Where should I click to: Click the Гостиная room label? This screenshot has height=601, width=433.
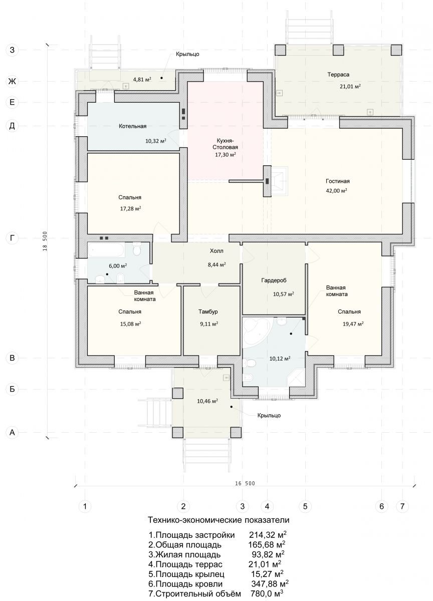(337, 181)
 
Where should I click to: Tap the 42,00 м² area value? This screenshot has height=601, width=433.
(336, 191)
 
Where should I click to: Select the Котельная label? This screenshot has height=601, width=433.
(133, 126)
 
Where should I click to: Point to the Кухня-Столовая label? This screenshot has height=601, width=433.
(225, 144)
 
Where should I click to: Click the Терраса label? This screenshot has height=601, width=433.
(338, 75)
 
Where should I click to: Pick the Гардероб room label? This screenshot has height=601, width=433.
(274, 280)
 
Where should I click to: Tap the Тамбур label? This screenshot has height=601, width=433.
(208, 312)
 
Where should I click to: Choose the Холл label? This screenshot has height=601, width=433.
(216, 251)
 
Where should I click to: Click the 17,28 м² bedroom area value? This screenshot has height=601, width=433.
(130, 208)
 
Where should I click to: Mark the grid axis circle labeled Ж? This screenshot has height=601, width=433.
(12, 81)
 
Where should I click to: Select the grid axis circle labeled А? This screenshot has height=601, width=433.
(12, 433)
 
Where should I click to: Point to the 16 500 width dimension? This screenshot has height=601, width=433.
(245, 483)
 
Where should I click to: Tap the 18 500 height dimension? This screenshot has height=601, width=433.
(45, 241)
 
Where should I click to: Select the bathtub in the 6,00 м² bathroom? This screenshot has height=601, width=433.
(106, 250)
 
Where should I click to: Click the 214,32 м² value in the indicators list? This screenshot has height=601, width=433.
(268, 535)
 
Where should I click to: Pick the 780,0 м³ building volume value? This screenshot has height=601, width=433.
(267, 593)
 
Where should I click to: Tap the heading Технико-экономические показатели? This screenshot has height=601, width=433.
(219, 520)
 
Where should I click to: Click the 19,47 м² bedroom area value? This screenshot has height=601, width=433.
(353, 324)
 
